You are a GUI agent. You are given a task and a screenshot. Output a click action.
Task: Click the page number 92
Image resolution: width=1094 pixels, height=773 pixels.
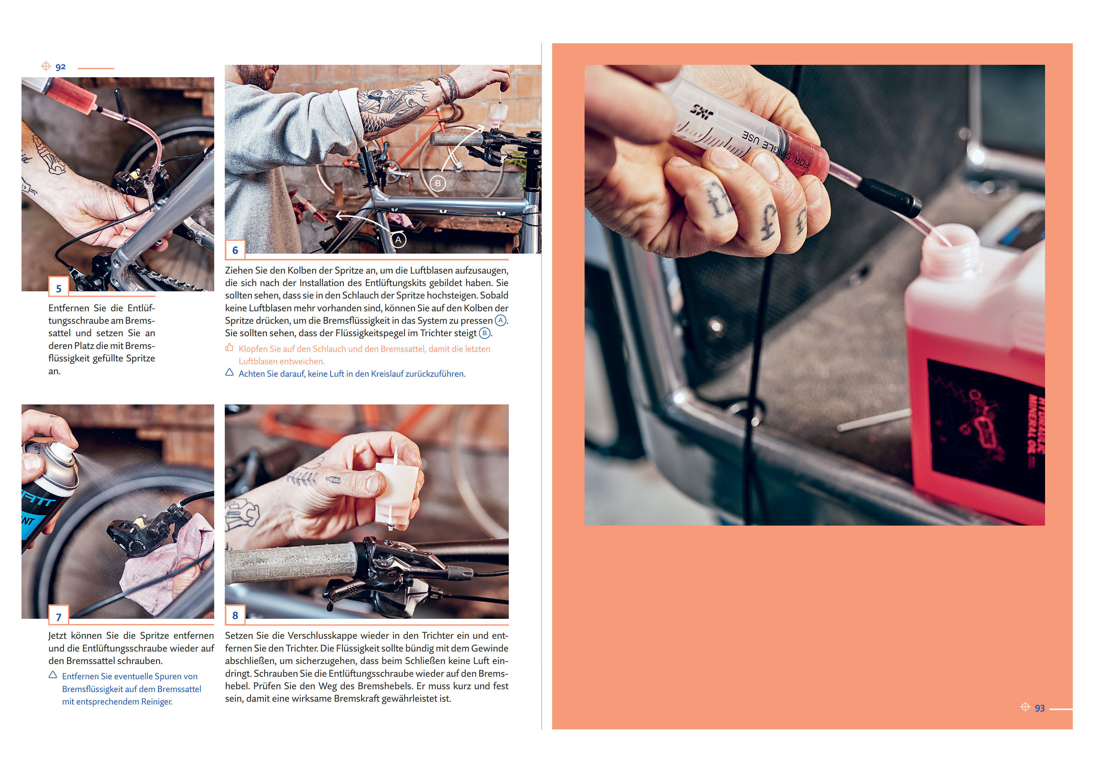point(60,67)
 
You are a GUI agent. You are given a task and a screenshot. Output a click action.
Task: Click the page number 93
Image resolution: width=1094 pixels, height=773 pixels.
point(1040,708)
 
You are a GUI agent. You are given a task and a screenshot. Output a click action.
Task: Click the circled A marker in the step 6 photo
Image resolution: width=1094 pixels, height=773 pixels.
point(398,240)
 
